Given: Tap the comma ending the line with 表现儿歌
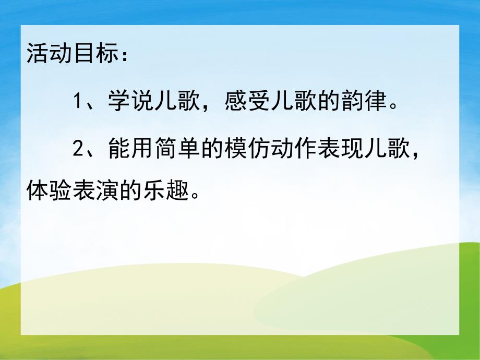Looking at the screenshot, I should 417,156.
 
